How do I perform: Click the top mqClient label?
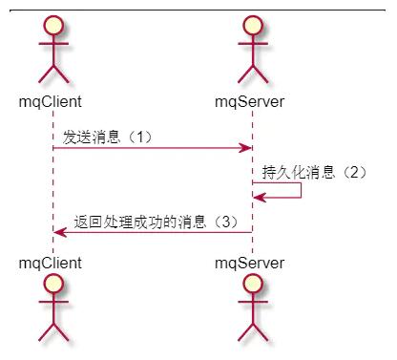coord(51,102)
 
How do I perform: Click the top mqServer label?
coord(250,102)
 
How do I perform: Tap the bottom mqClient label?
coord(51,264)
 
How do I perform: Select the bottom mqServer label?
coord(250,264)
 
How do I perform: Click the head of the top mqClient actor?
coord(53,26)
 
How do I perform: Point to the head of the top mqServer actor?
coord(253,26)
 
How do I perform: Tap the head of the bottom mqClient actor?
coord(53,284)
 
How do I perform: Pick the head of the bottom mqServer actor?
coord(253,284)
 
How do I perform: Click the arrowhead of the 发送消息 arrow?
coord(245,148)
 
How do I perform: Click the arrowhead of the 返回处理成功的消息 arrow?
coord(60,232)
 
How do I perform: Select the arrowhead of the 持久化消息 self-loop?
coord(260,198)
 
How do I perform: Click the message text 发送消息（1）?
coord(108,138)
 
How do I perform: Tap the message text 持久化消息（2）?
coord(314,173)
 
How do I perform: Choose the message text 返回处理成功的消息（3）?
coord(157,222)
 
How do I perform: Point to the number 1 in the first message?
coord(140,138)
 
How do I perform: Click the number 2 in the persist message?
coord(354,173)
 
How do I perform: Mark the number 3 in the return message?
coord(225,222)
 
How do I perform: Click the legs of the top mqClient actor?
coord(53,74)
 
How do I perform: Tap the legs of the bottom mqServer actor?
coord(253,332)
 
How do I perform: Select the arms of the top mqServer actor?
coord(253,43)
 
